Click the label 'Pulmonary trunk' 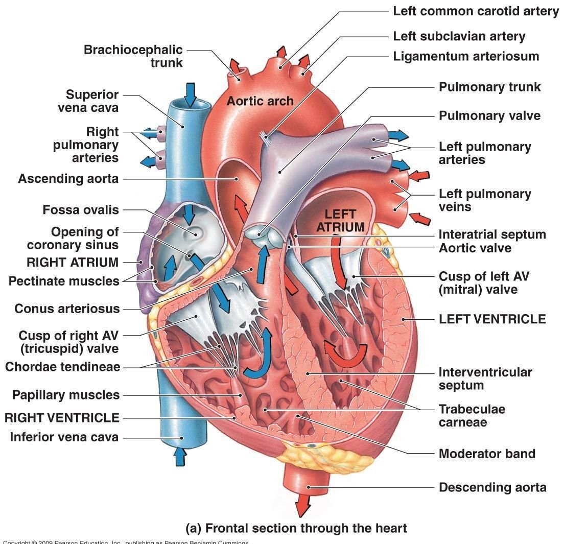click(x=489, y=87)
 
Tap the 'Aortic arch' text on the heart click(x=260, y=101)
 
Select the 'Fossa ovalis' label click(x=81, y=210)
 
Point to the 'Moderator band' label click(x=487, y=454)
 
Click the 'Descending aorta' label click(x=492, y=487)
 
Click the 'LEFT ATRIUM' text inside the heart click(x=340, y=220)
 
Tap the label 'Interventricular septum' click(x=485, y=379)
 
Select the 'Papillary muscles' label click(x=66, y=395)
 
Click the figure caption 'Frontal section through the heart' click(x=296, y=528)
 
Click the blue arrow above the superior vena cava click(x=190, y=94)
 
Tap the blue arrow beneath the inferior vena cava click(x=179, y=456)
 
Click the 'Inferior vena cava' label click(x=64, y=437)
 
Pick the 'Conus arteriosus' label click(x=67, y=309)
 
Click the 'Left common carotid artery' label click(x=476, y=11)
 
